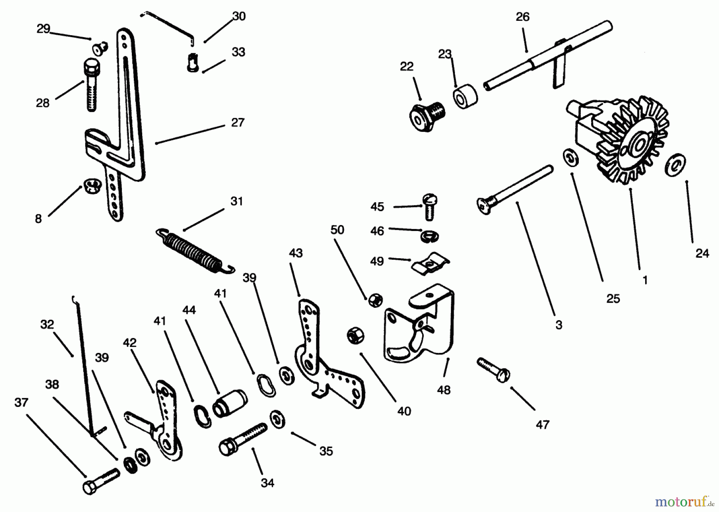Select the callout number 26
522,17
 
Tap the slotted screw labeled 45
429,206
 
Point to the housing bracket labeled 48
419,324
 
